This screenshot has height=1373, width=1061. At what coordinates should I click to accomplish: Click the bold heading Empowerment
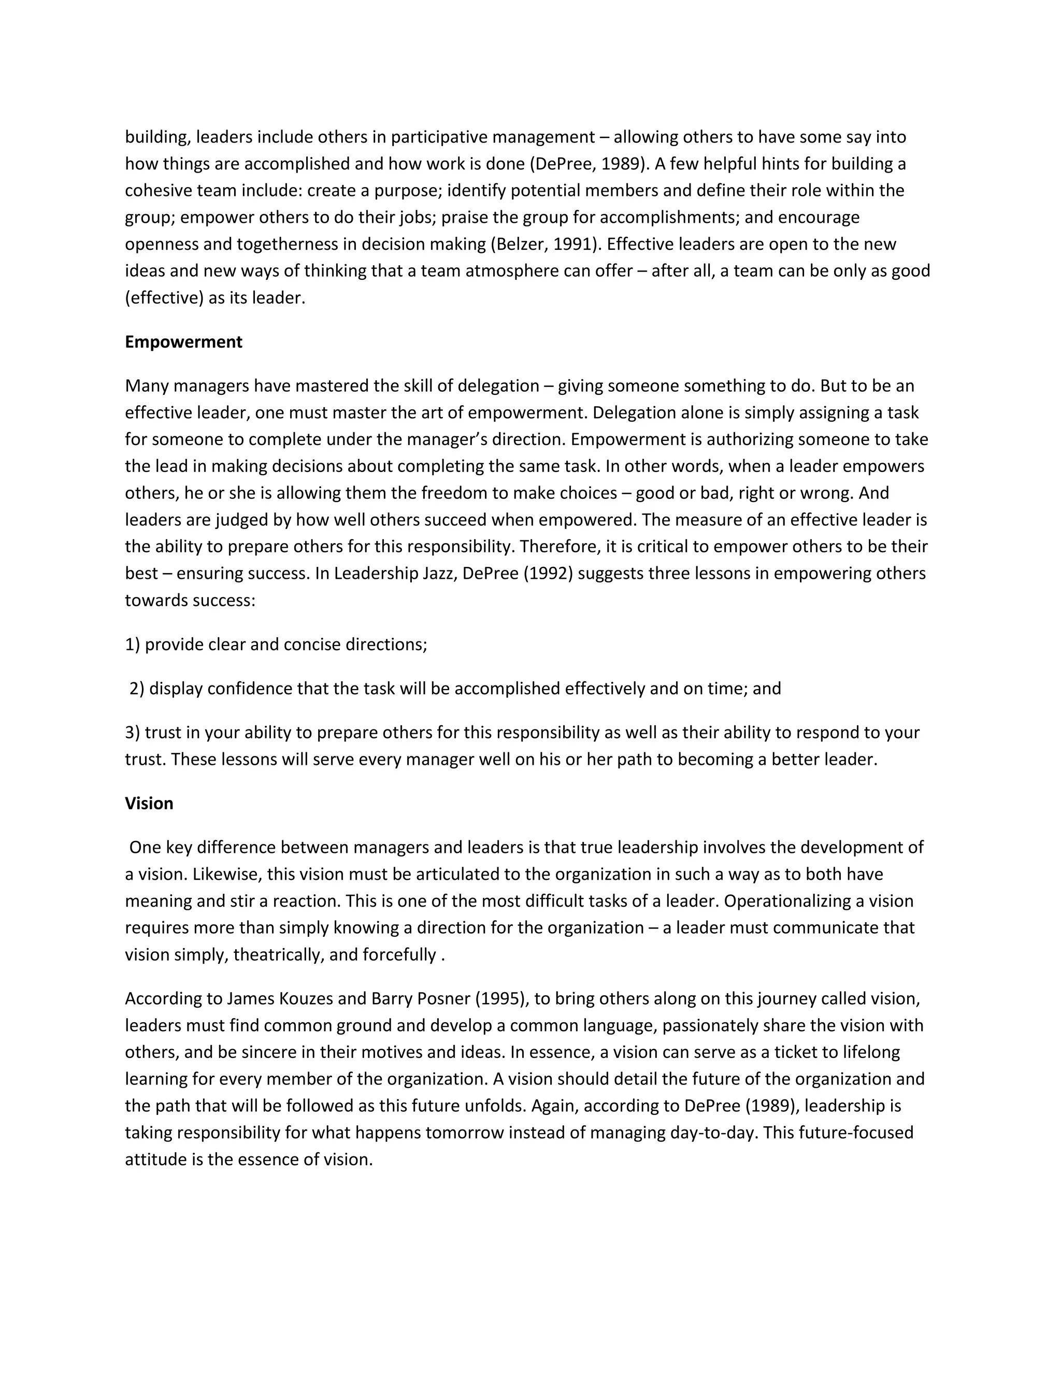183,342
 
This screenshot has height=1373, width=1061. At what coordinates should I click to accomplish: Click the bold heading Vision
149,804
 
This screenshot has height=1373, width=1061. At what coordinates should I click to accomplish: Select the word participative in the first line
439,137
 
